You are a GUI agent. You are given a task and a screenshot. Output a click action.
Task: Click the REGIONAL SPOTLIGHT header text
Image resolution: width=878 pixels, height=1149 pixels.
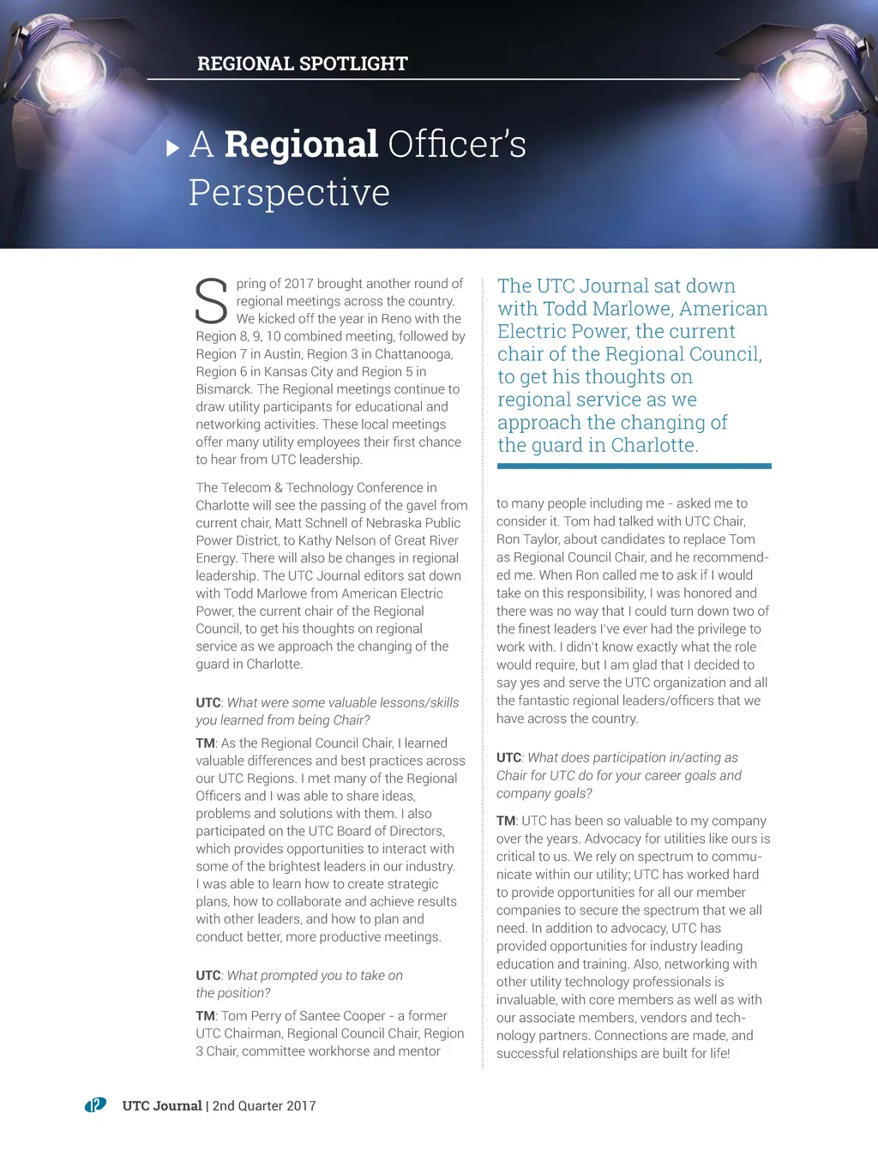[x=302, y=63]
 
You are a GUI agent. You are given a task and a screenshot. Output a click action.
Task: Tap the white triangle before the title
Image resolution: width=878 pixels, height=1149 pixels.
[x=172, y=147]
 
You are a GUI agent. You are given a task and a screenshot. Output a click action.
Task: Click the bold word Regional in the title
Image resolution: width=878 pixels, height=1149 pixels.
[x=301, y=144]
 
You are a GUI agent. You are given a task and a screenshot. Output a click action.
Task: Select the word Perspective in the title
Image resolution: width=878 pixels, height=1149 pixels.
[x=289, y=192]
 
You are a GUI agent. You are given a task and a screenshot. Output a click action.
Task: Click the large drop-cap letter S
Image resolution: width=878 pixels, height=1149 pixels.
[x=211, y=301]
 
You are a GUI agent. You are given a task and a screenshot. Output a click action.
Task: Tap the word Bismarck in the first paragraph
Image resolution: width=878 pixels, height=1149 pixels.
[x=224, y=389]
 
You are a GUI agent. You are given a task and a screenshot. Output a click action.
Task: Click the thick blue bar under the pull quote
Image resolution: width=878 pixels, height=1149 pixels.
[x=634, y=466]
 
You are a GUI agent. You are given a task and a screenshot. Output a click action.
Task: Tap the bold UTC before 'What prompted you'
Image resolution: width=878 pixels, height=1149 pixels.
[x=208, y=976]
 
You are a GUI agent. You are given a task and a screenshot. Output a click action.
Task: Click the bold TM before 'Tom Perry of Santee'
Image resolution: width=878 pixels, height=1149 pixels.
[x=205, y=1016]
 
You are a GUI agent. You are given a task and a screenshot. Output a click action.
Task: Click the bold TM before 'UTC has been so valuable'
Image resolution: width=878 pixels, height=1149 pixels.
[x=506, y=821]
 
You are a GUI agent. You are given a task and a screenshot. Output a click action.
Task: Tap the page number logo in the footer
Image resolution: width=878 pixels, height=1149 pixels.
[x=95, y=1105]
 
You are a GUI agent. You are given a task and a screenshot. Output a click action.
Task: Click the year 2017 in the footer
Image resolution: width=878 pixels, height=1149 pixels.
[x=301, y=1106]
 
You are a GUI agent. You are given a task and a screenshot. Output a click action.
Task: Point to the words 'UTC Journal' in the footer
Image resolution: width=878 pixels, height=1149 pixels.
[x=162, y=1106]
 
